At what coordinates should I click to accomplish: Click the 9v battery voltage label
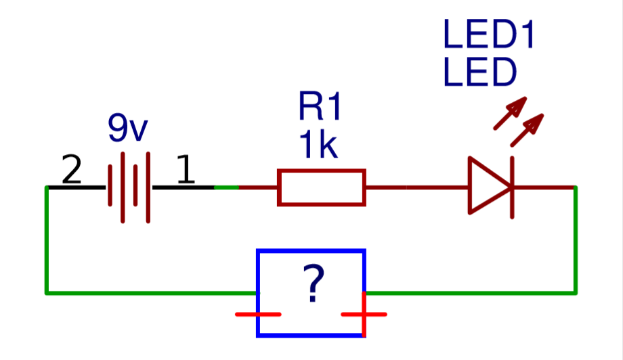[127, 129]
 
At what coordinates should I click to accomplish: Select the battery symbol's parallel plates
[129, 187]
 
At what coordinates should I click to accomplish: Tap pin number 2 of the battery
[71, 171]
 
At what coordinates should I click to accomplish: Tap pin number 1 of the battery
[185, 171]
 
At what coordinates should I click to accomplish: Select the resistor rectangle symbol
[322, 187]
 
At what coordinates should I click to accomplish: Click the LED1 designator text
[489, 35]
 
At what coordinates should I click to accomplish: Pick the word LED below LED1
[479, 73]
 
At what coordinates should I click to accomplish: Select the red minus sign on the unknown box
[258, 314]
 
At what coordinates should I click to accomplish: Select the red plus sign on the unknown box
[364, 314]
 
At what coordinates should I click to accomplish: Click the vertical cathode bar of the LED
[511, 187]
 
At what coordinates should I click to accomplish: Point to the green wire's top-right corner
[576, 187]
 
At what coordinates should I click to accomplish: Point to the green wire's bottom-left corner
[47, 293]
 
